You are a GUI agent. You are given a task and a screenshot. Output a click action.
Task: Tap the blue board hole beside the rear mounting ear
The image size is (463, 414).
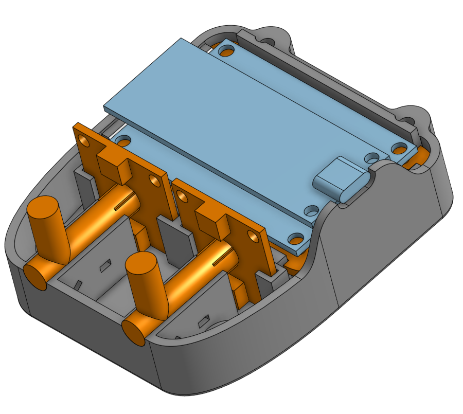(x=225, y=50)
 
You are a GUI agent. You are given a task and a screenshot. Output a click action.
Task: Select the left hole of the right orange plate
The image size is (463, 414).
(x=181, y=195)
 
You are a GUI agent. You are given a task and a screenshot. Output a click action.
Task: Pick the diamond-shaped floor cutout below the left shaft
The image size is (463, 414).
(x=105, y=265)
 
